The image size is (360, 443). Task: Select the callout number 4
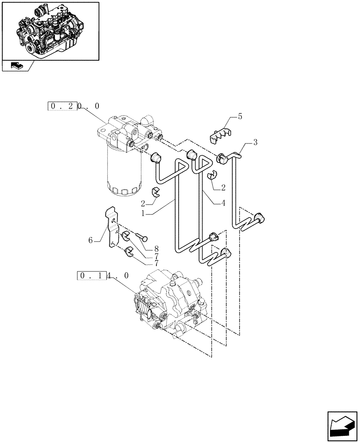coord(223,203)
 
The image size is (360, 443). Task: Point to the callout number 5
coord(240,117)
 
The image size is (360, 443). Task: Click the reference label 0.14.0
coord(103,276)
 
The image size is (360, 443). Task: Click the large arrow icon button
coord(342,425)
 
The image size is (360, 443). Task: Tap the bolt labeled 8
coord(142,238)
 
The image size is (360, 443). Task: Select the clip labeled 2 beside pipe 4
coord(212,175)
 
